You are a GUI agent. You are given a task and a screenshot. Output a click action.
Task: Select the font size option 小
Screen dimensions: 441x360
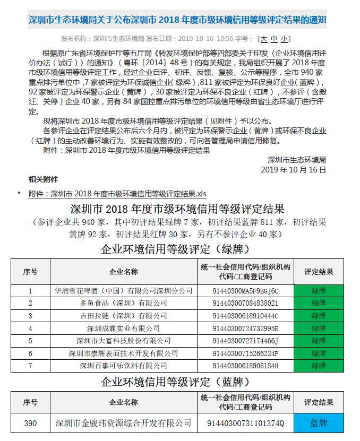point(285,39)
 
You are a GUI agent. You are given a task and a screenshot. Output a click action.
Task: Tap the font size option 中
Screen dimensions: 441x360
point(274,39)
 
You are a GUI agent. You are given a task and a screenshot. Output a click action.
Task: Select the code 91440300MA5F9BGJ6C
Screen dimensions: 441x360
point(245,291)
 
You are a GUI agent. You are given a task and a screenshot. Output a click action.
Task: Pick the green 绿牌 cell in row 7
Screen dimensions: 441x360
point(319,366)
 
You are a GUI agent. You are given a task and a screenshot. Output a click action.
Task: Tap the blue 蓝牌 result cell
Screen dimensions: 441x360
point(319,423)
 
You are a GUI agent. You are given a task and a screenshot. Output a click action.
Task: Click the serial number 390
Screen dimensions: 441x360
point(30,423)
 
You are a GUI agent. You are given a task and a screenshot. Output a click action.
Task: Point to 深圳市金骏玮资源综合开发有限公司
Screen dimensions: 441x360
point(123,423)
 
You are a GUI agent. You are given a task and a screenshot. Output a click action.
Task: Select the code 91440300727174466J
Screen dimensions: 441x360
point(245,341)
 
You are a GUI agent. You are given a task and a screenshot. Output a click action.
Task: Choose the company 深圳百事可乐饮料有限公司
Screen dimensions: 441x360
point(123,366)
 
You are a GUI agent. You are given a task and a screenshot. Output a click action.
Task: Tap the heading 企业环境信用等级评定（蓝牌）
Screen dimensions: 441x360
point(176,381)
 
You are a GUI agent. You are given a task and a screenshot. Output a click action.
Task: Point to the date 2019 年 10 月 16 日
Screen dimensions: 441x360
point(294,170)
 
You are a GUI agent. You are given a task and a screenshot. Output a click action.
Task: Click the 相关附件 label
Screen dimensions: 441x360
point(44,180)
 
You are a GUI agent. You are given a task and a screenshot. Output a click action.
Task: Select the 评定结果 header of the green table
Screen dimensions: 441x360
point(319,272)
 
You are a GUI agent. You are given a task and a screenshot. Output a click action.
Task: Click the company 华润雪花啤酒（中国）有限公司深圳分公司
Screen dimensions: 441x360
point(123,291)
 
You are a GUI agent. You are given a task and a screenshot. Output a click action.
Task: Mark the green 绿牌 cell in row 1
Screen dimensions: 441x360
point(319,291)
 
